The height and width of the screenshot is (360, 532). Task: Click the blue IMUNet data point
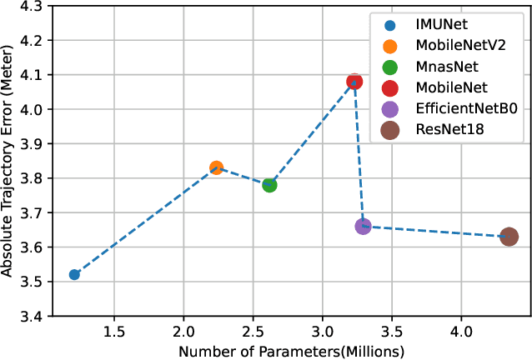(74, 274)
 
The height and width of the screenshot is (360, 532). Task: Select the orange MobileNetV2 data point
(216, 167)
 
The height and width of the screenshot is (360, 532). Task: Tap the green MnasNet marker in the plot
(269, 185)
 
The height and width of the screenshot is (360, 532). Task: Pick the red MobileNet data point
(354, 82)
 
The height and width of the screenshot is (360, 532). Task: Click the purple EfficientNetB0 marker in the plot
(363, 226)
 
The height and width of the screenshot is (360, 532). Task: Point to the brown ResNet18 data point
(509, 237)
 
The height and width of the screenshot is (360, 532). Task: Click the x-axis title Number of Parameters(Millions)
(279, 350)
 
